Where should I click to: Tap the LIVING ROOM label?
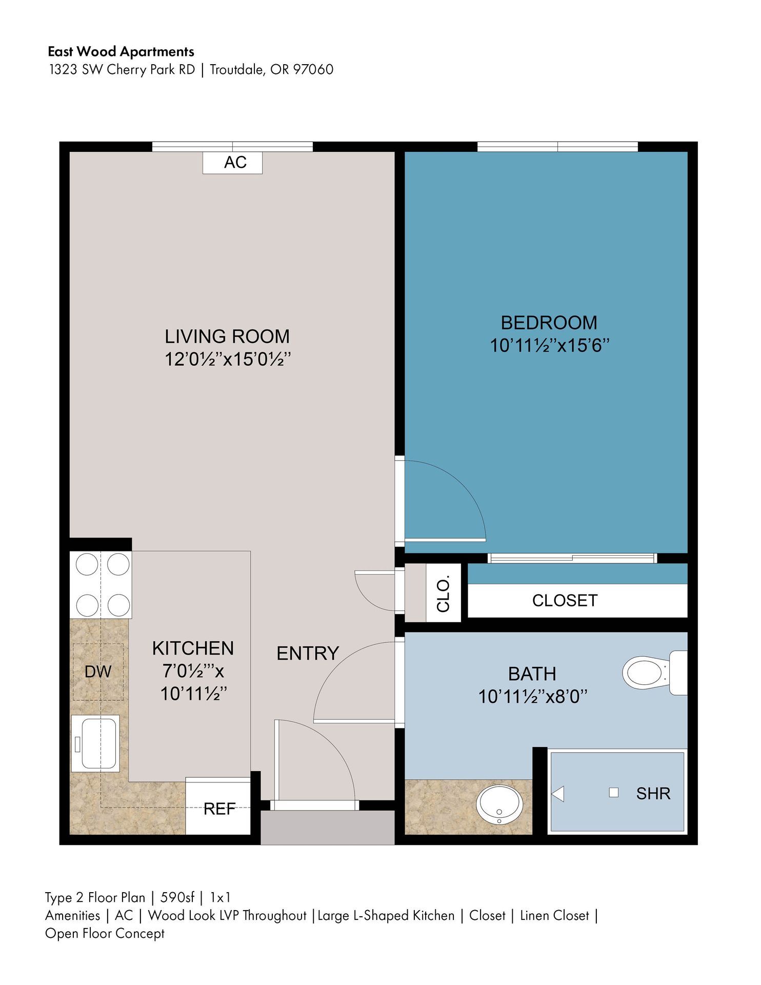227,337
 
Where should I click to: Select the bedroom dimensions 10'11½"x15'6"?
549,346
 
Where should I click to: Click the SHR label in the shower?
653,794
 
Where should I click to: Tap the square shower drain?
613,793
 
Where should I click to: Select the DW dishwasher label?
97,672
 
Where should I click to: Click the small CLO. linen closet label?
443,594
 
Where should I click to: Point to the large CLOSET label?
565,600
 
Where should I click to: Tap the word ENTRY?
308,653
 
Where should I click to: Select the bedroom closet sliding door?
572,558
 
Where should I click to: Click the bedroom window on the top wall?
557,147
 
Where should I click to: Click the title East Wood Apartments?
121,51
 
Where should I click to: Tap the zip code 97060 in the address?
313,69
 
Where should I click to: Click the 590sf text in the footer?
177,897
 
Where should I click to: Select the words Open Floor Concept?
105,933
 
